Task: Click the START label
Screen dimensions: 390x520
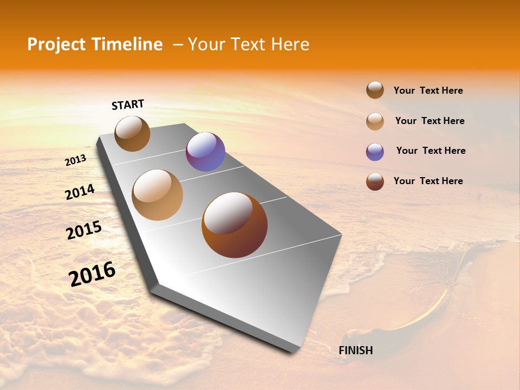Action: click(x=128, y=105)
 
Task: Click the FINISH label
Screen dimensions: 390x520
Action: click(x=355, y=350)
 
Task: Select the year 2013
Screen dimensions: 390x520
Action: click(x=75, y=160)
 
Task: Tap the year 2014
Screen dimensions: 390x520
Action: click(x=80, y=192)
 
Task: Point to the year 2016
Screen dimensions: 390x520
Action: click(x=92, y=274)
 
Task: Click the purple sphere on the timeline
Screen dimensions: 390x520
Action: click(x=205, y=152)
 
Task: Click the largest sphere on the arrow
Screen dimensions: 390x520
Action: click(x=235, y=224)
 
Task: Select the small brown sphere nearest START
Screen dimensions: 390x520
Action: click(x=132, y=133)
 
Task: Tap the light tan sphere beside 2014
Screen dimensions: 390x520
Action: click(x=158, y=195)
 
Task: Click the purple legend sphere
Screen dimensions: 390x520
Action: click(x=375, y=152)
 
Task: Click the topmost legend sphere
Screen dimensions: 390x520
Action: click(x=375, y=90)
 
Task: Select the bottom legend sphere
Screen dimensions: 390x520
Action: click(x=375, y=181)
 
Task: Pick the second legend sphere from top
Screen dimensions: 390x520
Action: click(x=375, y=121)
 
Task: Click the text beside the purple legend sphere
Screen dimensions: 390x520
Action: click(x=431, y=151)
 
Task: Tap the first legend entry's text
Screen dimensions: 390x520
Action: click(x=428, y=90)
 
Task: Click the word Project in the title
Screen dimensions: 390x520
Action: click(x=57, y=44)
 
